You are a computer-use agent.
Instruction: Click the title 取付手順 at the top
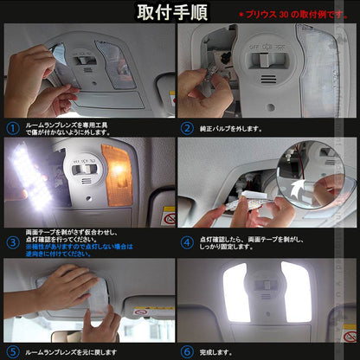180,13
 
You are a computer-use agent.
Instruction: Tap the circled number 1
12,128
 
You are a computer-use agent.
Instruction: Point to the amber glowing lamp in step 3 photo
116,162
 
